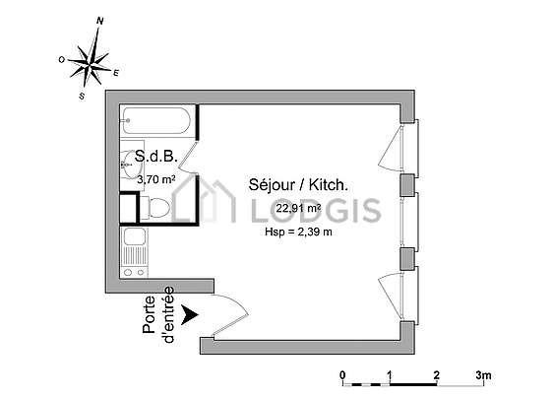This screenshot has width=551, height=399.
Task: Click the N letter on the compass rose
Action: [100, 21]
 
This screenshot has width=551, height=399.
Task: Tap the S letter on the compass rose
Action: [82, 96]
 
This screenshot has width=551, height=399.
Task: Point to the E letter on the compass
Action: [116, 73]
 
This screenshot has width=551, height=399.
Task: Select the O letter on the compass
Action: [62, 60]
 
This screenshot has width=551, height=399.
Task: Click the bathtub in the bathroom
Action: [156, 120]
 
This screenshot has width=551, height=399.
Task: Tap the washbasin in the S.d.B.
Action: [129, 165]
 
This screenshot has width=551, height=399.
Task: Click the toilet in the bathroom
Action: [155, 208]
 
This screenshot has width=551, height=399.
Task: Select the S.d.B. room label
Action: [156, 157]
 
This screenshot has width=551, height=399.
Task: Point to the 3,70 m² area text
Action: [156, 179]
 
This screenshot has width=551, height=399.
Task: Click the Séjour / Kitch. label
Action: [298, 185]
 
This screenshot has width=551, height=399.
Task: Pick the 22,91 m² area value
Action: [298, 208]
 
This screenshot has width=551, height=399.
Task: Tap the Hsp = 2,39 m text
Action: [298, 232]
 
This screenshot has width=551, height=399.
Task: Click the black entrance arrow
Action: [190, 315]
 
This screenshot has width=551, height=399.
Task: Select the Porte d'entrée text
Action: [158, 315]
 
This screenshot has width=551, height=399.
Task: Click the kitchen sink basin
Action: [134, 236]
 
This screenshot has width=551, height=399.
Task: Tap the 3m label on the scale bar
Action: [483, 375]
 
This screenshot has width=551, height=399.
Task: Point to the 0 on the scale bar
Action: [343, 375]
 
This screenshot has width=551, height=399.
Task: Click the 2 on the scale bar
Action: [437, 375]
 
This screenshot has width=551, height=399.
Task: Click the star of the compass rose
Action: [91, 64]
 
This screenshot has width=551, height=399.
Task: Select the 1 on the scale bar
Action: [390, 375]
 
